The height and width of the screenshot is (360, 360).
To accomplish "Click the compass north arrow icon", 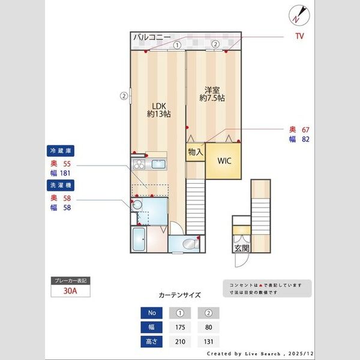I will tap(298, 14).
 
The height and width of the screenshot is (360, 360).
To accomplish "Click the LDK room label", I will tap(158, 109).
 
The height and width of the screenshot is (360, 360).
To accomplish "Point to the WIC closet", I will tap(224, 161).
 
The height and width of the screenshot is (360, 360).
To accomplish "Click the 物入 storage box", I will tap(195, 152).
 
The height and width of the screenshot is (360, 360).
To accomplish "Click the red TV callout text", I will tap(299, 37).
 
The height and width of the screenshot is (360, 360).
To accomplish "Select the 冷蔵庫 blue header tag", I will tap(61, 151).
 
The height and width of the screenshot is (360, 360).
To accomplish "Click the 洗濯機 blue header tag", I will tap(61, 186).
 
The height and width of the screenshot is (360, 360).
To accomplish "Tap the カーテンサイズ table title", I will tap(179, 295).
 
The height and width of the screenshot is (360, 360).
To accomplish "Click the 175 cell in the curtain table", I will tap(180, 328).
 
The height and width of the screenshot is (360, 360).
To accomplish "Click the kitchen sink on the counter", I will tap(159, 164).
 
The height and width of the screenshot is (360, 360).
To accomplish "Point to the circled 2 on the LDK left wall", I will tap(123, 95).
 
